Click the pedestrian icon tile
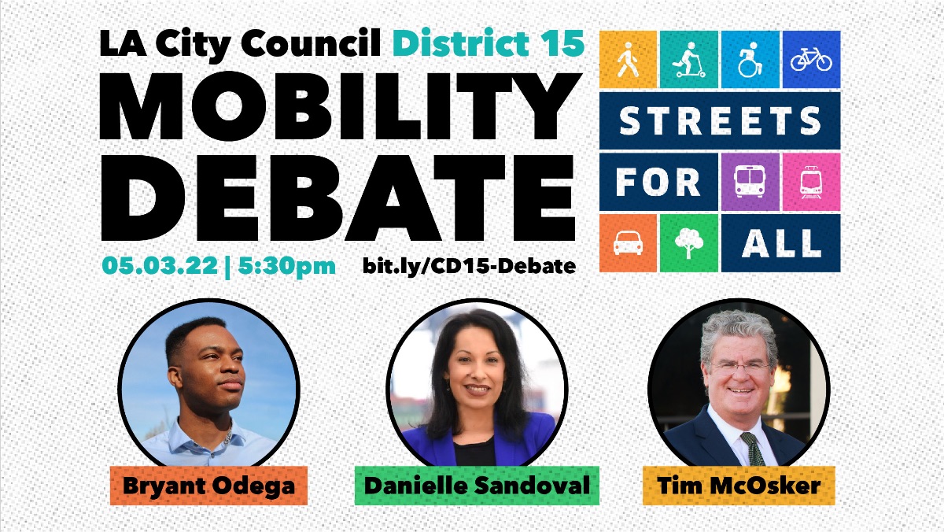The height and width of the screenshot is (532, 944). pos(628,60)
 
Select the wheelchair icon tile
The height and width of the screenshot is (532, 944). pos(750,60)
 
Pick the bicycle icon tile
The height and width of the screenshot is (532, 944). pos(811,60)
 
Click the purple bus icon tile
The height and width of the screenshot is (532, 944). pos(750,182)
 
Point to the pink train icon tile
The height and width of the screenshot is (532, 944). pos(811,182)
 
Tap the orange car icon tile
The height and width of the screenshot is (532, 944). pos(628,243)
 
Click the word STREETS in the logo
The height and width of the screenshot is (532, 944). pos(720,120)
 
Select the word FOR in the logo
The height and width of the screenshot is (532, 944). pos(658,182)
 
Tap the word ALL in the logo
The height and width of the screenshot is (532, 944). pos(781,243)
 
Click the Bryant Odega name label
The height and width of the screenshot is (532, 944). pos(208,485)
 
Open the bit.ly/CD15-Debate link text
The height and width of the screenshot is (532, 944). pos(469,266)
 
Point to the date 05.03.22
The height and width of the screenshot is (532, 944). pos(157,265)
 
